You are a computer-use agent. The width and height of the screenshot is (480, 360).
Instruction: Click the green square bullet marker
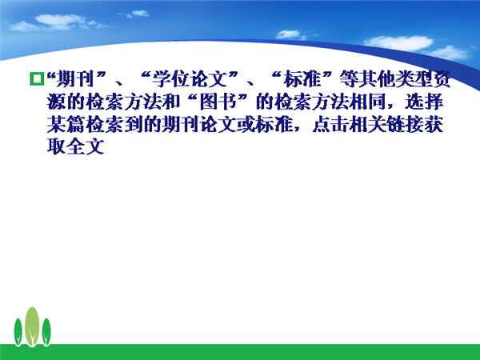click(37, 78)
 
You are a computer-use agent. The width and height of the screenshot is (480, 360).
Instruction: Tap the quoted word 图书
click(218, 102)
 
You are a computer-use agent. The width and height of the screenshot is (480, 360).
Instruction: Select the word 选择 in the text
click(424, 102)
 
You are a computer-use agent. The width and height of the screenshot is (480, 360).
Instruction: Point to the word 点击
click(330, 124)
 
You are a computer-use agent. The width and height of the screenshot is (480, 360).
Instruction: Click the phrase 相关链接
click(386, 124)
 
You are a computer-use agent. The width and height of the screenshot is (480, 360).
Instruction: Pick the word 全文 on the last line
click(85, 146)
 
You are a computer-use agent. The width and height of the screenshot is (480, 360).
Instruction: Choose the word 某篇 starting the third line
click(66, 124)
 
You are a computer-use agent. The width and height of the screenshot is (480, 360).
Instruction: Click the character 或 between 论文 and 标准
click(246, 124)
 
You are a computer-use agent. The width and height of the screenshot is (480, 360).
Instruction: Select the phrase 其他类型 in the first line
click(396, 79)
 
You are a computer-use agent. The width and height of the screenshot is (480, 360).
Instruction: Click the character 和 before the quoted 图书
click(170, 102)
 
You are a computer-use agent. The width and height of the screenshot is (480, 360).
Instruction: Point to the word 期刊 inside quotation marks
click(75, 79)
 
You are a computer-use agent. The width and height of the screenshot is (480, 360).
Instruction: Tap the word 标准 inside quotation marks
click(302, 79)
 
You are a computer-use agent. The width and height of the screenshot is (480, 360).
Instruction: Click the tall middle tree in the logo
click(32, 327)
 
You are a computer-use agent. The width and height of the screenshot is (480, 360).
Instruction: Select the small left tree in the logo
click(18, 332)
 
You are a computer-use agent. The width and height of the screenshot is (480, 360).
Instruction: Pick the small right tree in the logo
click(46, 332)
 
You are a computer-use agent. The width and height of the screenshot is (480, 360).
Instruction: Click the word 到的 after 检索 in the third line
click(142, 124)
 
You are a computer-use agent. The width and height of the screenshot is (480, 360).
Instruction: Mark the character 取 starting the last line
click(56, 146)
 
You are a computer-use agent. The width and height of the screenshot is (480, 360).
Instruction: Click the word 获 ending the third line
click(434, 124)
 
